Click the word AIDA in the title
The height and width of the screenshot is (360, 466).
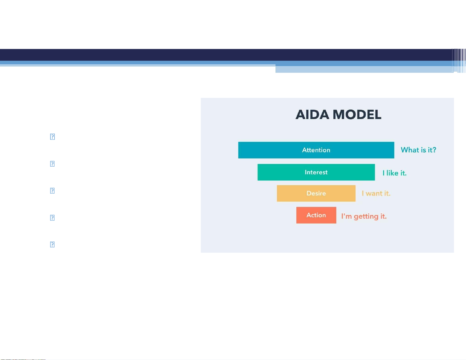(312, 114)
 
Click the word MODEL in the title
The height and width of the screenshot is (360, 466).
(357, 114)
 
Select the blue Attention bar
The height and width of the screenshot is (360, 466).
(316, 150)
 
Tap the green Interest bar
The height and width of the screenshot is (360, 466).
(316, 172)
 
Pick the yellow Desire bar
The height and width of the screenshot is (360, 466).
(316, 193)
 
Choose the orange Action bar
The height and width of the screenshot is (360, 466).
(316, 215)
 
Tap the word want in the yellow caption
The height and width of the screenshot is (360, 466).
(374, 193)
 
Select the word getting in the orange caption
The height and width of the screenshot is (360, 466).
(366, 217)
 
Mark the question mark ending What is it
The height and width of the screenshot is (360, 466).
(434, 150)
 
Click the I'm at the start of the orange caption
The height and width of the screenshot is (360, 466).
(347, 216)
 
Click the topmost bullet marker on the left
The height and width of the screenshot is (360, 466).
(52, 136)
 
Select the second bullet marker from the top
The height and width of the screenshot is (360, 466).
(52, 164)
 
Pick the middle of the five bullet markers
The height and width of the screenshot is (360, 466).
(52, 190)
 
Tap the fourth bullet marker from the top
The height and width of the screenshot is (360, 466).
(52, 217)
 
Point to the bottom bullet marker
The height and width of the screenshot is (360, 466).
(52, 244)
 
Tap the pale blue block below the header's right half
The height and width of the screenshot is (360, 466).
(364, 69)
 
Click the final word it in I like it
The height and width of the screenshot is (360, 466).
(403, 173)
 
